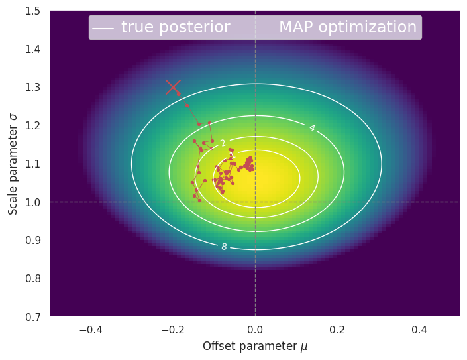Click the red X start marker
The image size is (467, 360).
pos(173,87)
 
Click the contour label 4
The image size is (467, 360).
pos(311,128)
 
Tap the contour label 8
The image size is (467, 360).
pos(224,247)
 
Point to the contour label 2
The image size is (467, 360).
pos(223,143)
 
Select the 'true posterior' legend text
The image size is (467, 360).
pos(176,27)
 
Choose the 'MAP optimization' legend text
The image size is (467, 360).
pos(348,27)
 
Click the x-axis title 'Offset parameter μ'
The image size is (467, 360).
pos(255,346)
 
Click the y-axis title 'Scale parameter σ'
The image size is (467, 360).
pos(13,163)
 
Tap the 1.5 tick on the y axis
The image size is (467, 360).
pos(31,11)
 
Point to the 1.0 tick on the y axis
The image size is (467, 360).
pos(31,202)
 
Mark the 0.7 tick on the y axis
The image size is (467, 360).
pos(31,316)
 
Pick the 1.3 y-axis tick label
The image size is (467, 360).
pos(31,87)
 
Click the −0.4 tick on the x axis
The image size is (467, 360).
pos(91,330)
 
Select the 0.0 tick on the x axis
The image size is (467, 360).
pos(255,330)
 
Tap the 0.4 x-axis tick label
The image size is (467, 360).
pos(419,330)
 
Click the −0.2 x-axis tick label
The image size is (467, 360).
pos(173,330)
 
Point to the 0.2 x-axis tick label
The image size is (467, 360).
pos(337,330)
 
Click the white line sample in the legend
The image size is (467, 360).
pos(103,28)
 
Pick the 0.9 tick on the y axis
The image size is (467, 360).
pos(31,240)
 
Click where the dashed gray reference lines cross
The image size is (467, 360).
pos(255,202)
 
